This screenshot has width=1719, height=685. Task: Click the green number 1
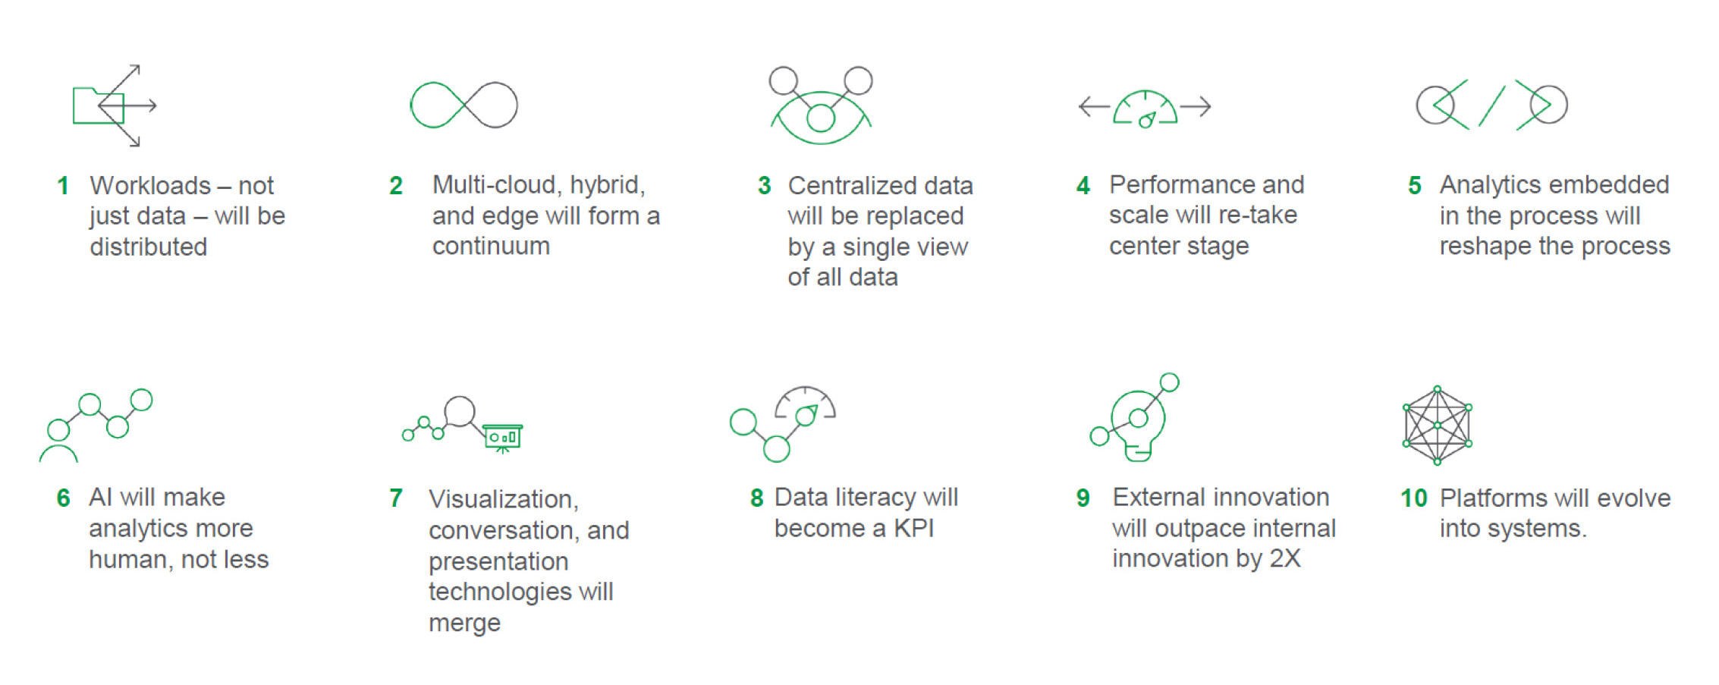(x=63, y=186)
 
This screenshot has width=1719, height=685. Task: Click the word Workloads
(x=150, y=186)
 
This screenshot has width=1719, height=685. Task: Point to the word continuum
(x=491, y=247)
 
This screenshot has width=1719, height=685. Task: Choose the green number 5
(x=1415, y=186)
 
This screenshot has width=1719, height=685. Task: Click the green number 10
(x=1414, y=498)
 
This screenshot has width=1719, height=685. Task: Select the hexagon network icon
(x=1438, y=426)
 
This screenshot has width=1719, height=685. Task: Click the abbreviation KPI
(x=913, y=529)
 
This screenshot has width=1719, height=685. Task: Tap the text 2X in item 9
(x=1285, y=559)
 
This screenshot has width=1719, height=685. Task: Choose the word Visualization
(x=503, y=499)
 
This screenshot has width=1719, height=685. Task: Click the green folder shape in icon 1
(x=98, y=105)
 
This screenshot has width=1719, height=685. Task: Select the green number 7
(x=396, y=498)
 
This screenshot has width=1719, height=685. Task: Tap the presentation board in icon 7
(x=503, y=437)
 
